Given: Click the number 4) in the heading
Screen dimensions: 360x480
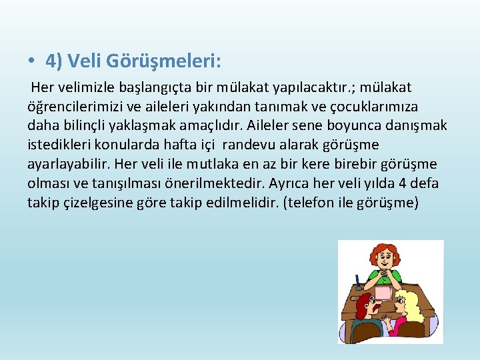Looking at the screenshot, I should tap(54, 61).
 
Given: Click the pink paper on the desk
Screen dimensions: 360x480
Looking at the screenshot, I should tap(384, 291).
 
